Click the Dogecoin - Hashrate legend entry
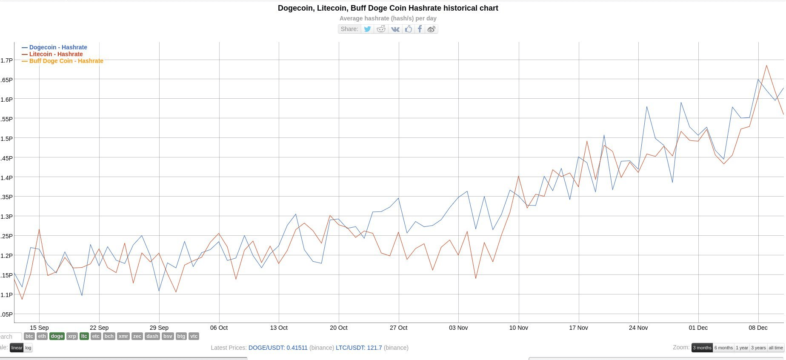coord(58,47)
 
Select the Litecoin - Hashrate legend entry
coord(56,54)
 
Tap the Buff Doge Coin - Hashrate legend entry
coord(66,61)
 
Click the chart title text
coord(388,8)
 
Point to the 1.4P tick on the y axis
coord(7,177)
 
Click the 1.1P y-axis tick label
coord(7,294)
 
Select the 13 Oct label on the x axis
coord(279,328)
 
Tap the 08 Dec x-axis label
coord(758,328)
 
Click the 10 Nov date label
coord(518,328)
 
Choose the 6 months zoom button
coord(723,348)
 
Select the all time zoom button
coord(776,348)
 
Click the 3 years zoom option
coord(758,348)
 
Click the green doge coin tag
coord(57,336)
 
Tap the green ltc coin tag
coord(84,336)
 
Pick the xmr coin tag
coord(123,336)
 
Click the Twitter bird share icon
coord(367,29)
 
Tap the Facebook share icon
coord(420,29)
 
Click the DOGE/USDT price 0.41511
coord(278,348)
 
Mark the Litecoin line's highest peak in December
coord(766,66)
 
